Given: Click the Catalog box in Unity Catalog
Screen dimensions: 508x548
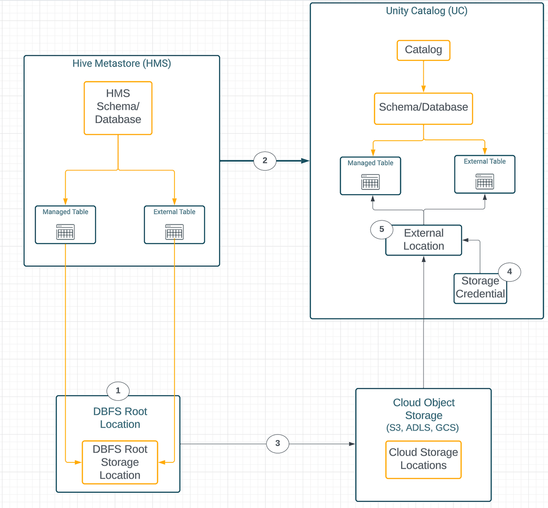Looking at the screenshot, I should coord(423,50).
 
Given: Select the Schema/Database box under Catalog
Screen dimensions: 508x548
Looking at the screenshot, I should coord(423,108).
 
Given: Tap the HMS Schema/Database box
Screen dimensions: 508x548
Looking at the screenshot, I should coord(118,108).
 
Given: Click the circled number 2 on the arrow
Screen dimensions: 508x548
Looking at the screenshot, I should coord(265,161).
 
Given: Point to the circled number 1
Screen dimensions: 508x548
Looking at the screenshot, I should coord(118,391).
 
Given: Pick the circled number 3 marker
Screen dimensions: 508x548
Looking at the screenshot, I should coord(278,443).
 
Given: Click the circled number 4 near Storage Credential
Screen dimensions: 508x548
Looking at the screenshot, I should coord(509,272).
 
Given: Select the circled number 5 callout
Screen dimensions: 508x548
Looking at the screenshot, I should coord(382,229).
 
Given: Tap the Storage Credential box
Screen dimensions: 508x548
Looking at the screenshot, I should coord(480,288).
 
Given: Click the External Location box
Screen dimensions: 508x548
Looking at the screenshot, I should coord(423,240).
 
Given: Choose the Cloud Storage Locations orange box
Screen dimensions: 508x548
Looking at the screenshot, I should coord(423,459).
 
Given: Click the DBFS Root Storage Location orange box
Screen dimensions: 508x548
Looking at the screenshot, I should coord(120,462).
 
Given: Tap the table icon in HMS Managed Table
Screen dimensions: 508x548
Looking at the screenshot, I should coord(65,232).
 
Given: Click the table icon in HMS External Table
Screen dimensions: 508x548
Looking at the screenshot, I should coord(174,232).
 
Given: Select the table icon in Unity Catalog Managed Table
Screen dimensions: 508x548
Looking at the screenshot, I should coord(370,182).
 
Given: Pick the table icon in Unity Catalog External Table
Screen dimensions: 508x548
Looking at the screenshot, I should coord(485,181).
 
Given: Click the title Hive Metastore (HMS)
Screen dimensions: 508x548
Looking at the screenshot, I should coord(121,63).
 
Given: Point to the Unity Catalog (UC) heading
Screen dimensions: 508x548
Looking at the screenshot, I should coord(427,11).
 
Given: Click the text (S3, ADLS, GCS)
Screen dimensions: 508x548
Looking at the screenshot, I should coord(422,428).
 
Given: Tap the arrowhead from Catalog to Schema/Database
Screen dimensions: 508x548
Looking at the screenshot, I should coord(423,90).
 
